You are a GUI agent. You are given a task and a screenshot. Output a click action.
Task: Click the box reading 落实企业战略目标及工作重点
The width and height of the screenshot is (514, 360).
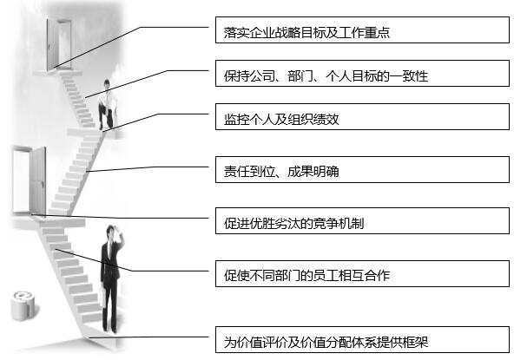coord(362,29)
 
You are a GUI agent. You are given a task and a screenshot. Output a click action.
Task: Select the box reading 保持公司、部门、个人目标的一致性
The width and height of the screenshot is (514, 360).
coord(362,74)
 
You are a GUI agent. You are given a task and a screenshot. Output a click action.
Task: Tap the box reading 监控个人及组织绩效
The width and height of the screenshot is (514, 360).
coord(362,116)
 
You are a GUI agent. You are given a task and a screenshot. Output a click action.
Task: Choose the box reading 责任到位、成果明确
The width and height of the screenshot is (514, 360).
coord(362,169)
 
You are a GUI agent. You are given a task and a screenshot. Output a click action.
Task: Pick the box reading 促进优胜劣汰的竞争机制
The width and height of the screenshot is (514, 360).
coord(362,220)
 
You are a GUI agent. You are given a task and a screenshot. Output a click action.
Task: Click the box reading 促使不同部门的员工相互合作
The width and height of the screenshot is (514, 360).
coord(362,273)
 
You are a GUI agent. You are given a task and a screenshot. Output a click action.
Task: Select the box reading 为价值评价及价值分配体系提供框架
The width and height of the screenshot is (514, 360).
coord(362,339)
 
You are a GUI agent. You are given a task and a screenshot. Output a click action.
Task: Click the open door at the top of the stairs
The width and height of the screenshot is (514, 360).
coord(59,44)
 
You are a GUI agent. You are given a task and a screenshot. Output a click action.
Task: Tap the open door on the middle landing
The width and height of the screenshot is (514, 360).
coord(29,180)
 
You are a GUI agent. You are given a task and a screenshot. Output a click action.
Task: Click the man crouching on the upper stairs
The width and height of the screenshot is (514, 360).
coord(107,105)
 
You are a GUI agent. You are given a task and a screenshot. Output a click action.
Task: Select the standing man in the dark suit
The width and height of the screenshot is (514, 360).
coord(111,278)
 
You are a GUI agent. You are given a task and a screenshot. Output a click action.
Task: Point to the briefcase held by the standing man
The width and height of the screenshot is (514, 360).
coord(102,297)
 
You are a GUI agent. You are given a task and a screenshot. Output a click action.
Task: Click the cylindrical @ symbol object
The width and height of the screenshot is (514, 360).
coord(23,305)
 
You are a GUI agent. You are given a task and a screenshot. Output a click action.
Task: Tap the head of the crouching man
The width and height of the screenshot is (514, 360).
coord(107,84)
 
